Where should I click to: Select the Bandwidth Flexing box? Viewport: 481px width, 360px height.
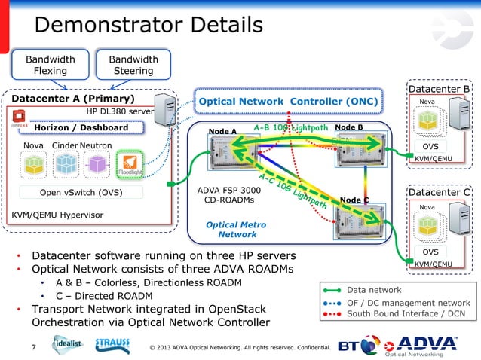tap(50, 66)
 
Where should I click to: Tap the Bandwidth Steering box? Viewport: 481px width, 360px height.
tap(133, 66)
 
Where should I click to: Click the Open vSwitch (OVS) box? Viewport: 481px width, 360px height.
tap(81, 192)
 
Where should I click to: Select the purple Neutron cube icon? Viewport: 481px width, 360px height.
tap(97, 163)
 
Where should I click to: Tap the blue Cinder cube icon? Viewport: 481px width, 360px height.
tap(66, 163)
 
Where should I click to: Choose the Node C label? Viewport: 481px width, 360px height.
tap(354, 200)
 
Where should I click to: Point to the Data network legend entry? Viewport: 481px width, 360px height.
tap(375, 289)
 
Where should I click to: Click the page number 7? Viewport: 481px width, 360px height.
tap(33, 347)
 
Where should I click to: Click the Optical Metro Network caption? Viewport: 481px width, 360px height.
tap(236, 230)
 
